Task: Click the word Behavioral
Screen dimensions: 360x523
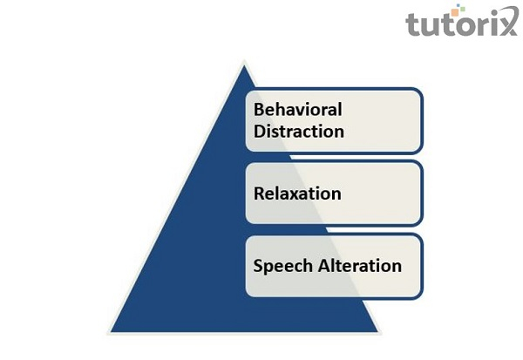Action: click(297, 111)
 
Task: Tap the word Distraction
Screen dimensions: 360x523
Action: click(299, 132)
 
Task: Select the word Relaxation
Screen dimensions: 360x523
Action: click(297, 193)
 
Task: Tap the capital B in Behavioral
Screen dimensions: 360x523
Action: click(259, 111)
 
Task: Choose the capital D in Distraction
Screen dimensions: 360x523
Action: click(260, 132)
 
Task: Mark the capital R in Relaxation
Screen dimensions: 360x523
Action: click(260, 193)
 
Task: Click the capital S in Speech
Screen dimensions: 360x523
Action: click(259, 265)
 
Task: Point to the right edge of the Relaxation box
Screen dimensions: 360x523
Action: click(423, 194)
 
